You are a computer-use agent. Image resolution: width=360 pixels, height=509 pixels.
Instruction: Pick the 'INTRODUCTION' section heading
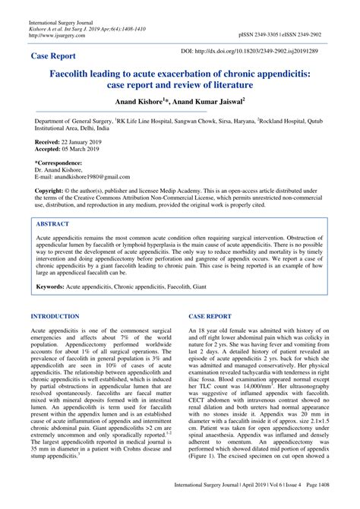pos(58,315)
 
